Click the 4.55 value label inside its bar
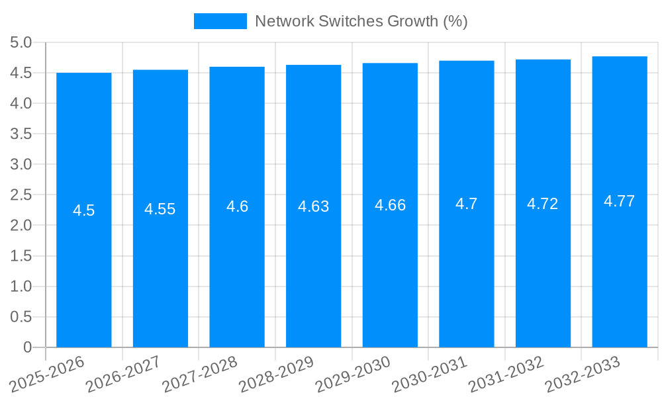[160, 209]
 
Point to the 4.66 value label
[390, 205]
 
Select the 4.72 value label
[543, 204]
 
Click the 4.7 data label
[467, 204]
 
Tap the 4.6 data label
[237, 206]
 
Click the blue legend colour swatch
[220, 21]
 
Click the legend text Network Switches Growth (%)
[361, 21]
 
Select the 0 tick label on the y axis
[27, 347]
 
